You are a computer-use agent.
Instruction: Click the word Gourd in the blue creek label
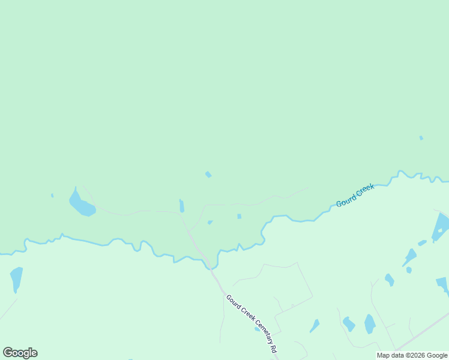[346, 200]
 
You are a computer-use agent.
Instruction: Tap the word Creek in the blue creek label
[365, 191]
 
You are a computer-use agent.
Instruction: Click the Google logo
[20, 353]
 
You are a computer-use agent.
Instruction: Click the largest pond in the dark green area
[81, 205]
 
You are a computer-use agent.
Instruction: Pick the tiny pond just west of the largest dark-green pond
[52, 195]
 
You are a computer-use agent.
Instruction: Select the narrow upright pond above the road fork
[182, 206]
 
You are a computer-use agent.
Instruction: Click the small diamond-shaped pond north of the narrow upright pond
[208, 175]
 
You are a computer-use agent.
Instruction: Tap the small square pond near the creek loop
[239, 216]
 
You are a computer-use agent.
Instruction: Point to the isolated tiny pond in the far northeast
[421, 138]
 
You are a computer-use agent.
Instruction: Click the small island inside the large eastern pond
[439, 230]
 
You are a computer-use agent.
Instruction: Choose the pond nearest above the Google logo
[16, 278]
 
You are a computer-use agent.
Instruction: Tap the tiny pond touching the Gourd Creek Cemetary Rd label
[257, 329]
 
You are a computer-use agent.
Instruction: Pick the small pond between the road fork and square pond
[210, 222]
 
